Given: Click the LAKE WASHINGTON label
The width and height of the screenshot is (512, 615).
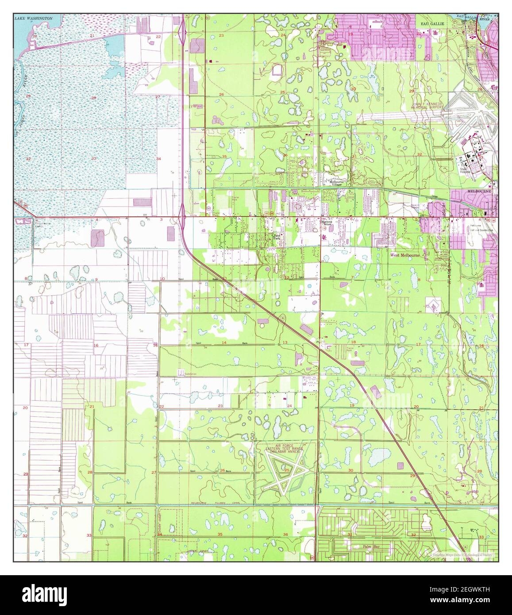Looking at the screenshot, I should [33, 19].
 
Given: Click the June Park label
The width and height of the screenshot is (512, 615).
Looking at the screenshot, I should [277, 238].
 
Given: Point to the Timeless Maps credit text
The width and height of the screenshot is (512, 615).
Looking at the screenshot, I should [461, 554].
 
